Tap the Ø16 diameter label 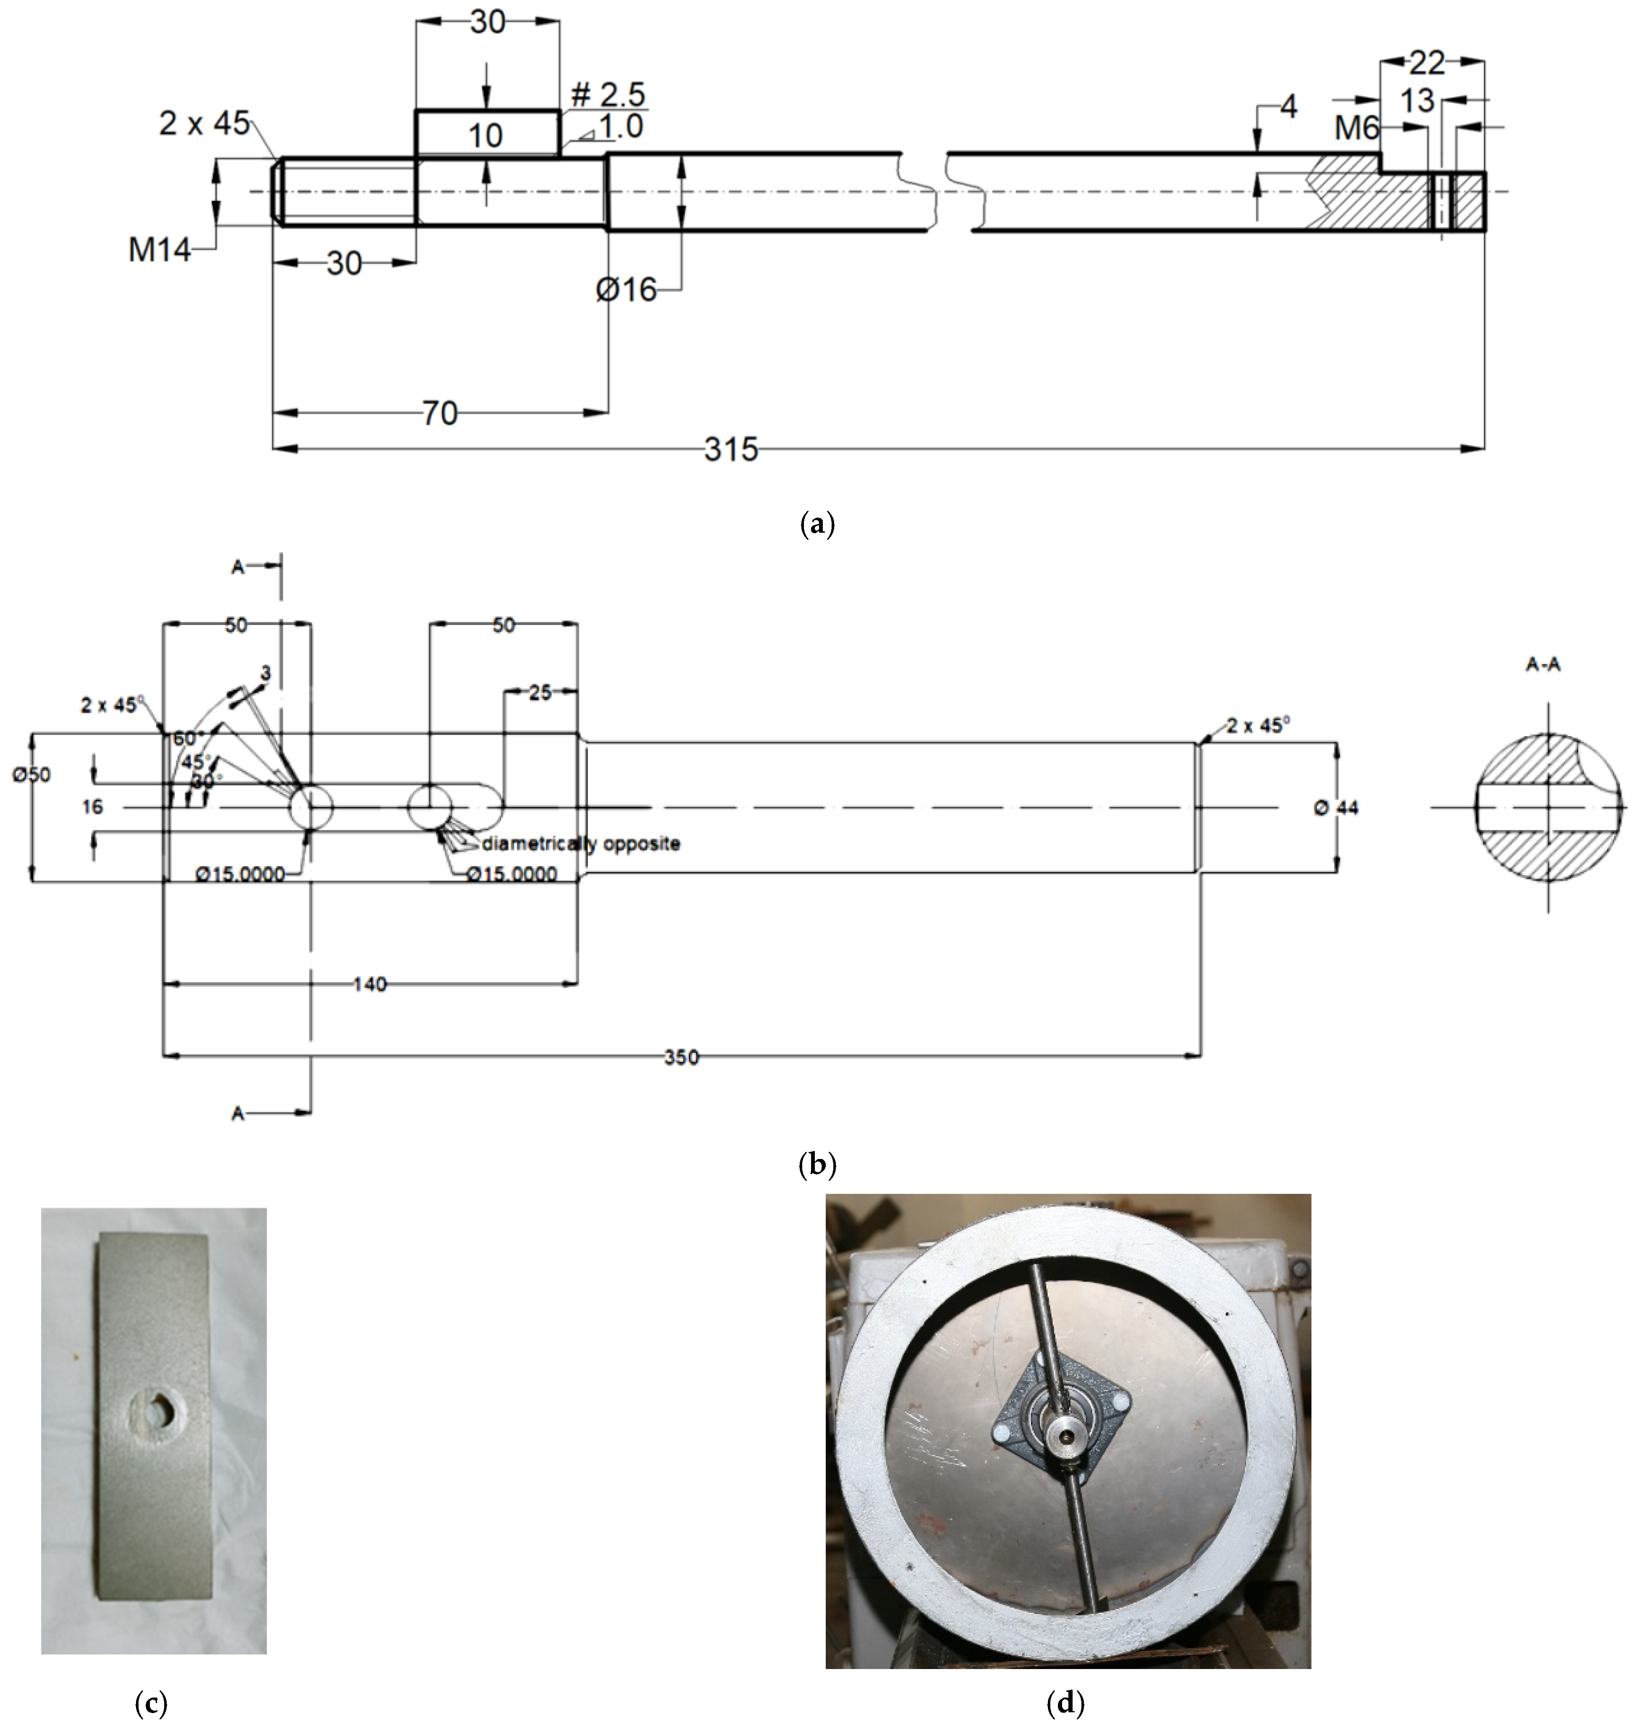point(626,290)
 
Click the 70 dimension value point(440,413)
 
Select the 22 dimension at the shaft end point(1428,63)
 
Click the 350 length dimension point(681,1057)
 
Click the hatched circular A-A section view point(1548,806)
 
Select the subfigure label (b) point(818,1164)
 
